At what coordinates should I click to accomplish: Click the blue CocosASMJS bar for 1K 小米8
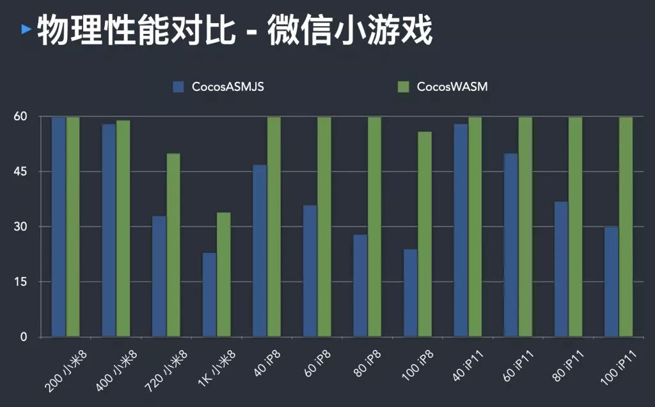click(209, 294)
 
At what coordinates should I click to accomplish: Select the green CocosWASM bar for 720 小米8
click(173, 245)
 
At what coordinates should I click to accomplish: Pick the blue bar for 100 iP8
click(410, 292)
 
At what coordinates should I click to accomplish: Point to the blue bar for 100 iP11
click(612, 282)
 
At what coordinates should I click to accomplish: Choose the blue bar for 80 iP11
click(561, 269)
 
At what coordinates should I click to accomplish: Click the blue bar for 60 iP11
click(510, 245)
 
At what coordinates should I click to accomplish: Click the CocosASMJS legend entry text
click(228, 87)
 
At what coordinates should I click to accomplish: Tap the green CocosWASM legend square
click(403, 86)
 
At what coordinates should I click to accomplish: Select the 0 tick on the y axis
click(24, 337)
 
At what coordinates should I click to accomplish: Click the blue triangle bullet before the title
click(26, 29)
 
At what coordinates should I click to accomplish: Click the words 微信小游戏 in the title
click(350, 30)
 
